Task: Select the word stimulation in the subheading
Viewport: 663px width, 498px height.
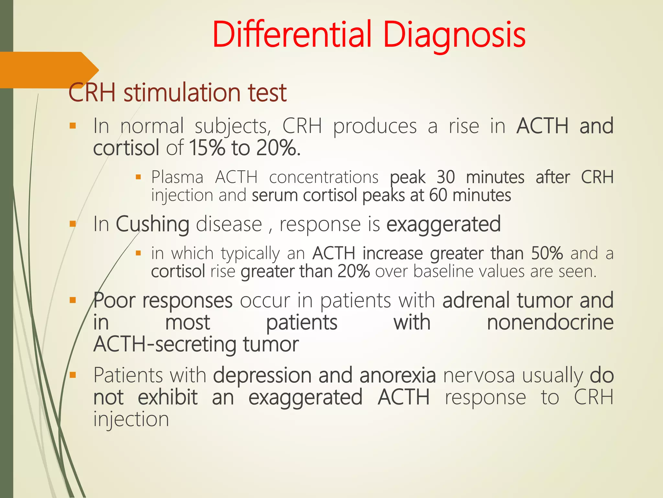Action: [x=182, y=93]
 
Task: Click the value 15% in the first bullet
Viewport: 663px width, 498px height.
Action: [x=207, y=148]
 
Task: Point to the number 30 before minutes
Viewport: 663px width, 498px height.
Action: [x=445, y=177]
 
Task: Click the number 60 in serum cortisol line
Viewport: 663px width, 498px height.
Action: [x=438, y=196]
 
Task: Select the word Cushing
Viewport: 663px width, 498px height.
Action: [x=152, y=224]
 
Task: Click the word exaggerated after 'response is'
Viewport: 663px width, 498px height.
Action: [x=444, y=224]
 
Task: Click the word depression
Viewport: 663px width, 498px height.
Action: [x=262, y=375]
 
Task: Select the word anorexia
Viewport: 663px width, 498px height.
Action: [x=397, y=375]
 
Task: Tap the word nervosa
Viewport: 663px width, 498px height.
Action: [x=479, y=375]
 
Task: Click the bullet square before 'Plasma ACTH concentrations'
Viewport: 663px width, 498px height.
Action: [x=138, y=177]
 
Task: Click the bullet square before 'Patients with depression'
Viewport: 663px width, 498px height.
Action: [x=73, y=375]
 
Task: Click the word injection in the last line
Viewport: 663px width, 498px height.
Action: [x=131, y=420]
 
